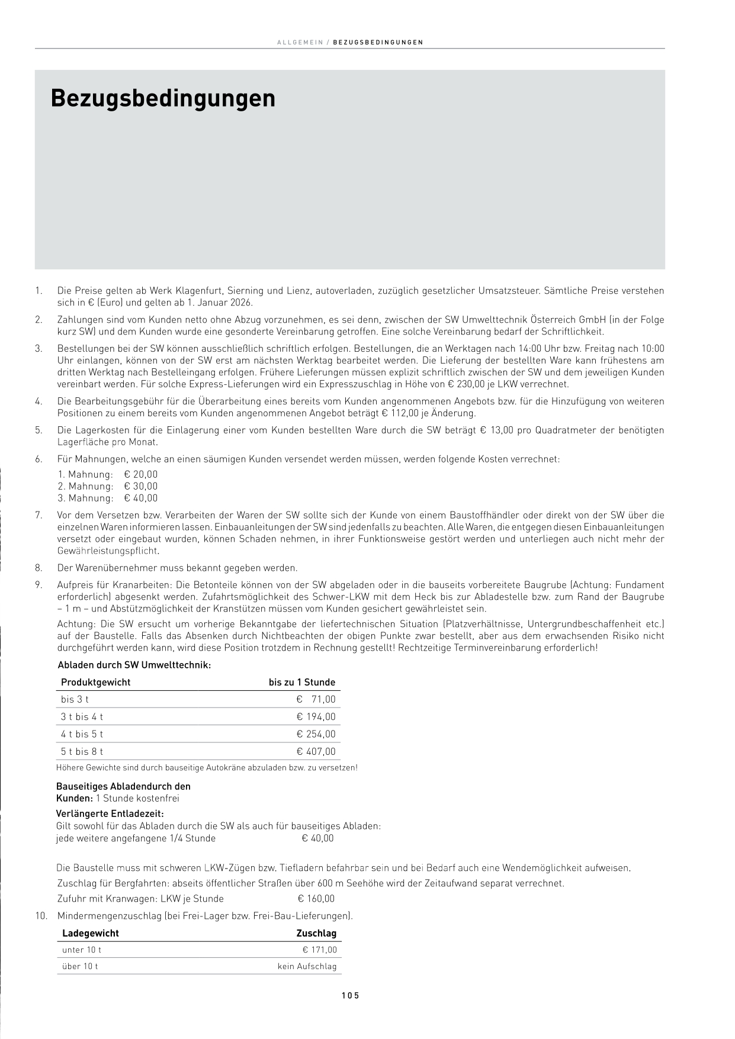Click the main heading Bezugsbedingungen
click(x=163, y=98)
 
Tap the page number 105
click(x=351, y=995)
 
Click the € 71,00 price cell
click(x=316, y=699)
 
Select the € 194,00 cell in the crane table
click(x=316, y=716)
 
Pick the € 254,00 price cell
click(x=316, y=734)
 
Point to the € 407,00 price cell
click(x=316, y=751)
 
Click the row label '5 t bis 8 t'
click(x=82, y=751)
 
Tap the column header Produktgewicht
click(x=95, y=682)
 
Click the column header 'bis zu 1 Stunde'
click(x=302, y=682)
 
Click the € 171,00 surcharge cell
click(x=320, y=950)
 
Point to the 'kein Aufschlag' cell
click(x=307, y=966)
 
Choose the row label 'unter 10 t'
click(x=82, y=950)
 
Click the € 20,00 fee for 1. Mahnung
click(x=141, y=474)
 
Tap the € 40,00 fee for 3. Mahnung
click(x=141, y=498)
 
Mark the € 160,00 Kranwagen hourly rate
click(x=316, y=899)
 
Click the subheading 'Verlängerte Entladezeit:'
click(x=110, y=813)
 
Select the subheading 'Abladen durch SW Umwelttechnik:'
click(x=134, y=665)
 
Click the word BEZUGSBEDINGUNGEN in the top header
click(x=378, y=43)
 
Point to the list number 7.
click(x=38, y=515)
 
